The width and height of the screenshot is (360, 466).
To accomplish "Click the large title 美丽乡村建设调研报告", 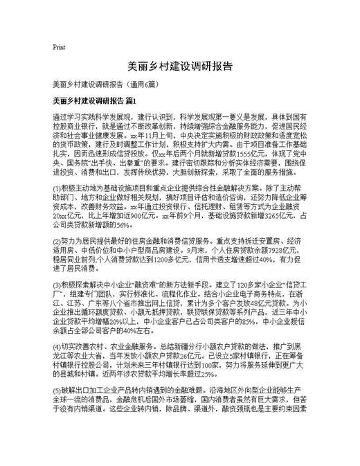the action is click(179, 66).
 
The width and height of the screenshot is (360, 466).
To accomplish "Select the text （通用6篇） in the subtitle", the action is click(142, 85).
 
